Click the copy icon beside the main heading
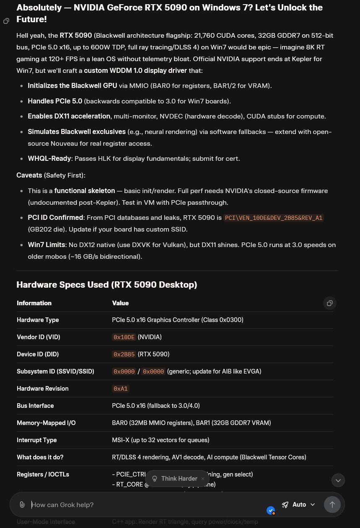[x=6, y=21]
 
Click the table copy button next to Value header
[x=329, y=303]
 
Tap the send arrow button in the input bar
[x=332, y=505]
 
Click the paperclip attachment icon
[x=22, y=505]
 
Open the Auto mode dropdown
[x=298, y=505]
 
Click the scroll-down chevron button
[x=338, y=480]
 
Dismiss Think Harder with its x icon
[x=203, y=479]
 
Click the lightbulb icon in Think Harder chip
[x=155, y=479]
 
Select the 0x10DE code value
[x=124, y=337]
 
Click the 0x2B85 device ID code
[x=124, y=355]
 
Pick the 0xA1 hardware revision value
[x=120, y=389]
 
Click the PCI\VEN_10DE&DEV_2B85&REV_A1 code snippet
[x=273, y=218]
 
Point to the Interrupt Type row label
[x=36, y=440]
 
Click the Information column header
[x=34, y=303]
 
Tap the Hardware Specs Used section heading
[x=106, y=285]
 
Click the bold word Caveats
[x=29, y=175]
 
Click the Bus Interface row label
[x=35, y=406]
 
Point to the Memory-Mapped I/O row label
[x=46, y=423]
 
